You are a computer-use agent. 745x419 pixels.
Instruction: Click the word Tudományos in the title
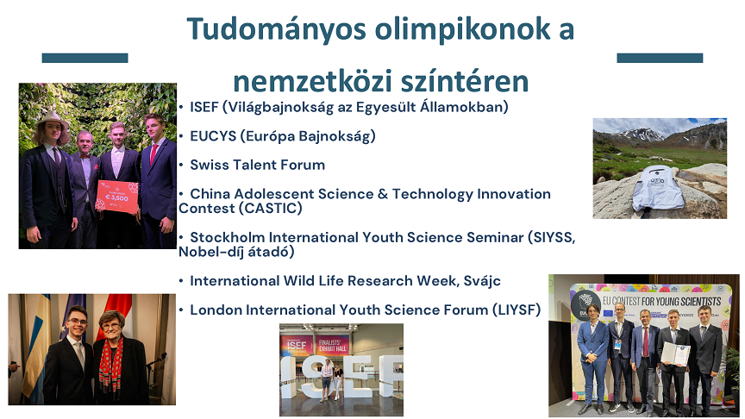[276, 29]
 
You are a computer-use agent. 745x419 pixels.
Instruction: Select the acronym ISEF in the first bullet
[204, 107]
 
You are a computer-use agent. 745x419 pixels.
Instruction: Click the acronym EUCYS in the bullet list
[213, 136]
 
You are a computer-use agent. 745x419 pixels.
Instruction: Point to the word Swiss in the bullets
[209, 165]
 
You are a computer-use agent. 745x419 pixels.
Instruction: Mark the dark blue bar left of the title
[85, 58]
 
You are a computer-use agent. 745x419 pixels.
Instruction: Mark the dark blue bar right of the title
[660, 58]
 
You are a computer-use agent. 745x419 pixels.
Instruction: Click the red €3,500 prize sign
[117, 197]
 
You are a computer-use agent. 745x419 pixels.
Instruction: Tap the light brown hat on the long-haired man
[51, 119]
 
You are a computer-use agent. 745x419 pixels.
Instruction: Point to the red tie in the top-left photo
[154, 154]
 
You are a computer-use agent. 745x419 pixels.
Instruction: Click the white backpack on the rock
[658, 188]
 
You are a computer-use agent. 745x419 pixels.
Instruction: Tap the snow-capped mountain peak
[639, 134]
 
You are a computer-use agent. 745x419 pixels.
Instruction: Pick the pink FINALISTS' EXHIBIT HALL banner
[333, 346]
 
